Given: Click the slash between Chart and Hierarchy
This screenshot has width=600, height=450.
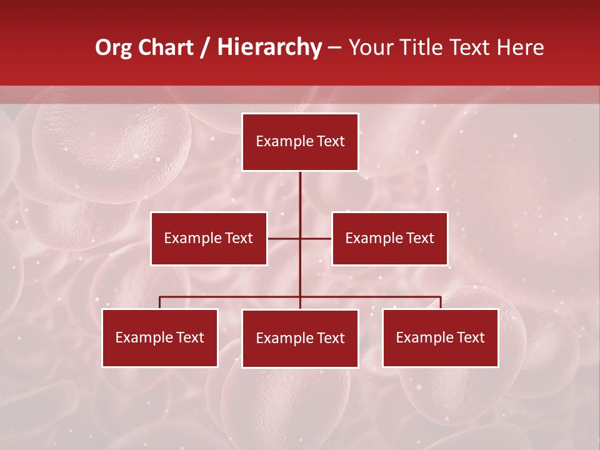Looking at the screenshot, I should [205, 47].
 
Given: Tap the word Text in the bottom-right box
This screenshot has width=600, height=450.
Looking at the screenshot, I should [470, 337].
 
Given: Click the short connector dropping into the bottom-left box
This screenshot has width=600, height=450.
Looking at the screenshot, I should [159, 302].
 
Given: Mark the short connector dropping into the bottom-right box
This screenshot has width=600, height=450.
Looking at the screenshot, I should [441, 302].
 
